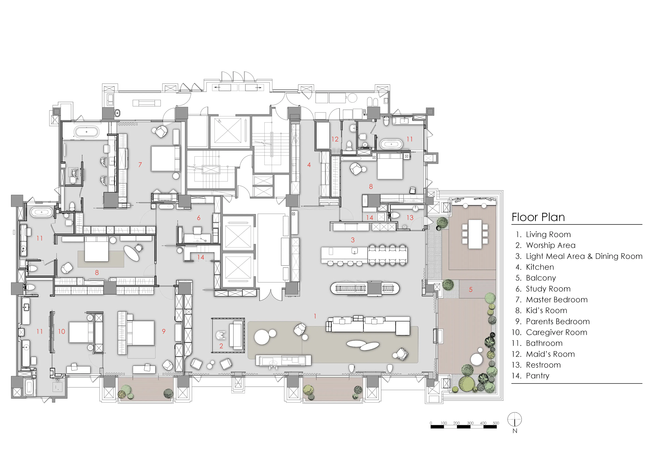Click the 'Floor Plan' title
coord(538,217)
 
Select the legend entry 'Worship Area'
coord(551,245)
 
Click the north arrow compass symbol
coord(515,420)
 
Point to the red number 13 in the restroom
coord(410,218)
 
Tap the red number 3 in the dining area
coord(353,240)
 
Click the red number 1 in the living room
coord(315,316)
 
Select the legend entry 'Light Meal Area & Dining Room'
coord(584,256)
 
